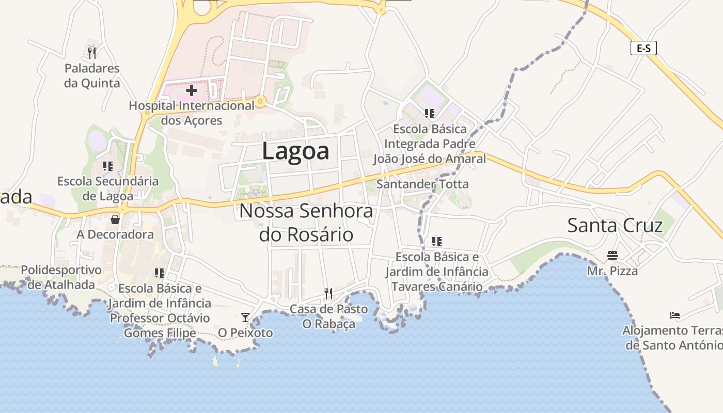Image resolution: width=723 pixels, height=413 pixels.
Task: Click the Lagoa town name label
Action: [295, 151]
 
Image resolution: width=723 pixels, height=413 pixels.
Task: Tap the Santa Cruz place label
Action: [615, 226]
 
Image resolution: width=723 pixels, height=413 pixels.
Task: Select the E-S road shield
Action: [643, 49]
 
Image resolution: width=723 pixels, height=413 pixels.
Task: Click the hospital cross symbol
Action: [192, 91]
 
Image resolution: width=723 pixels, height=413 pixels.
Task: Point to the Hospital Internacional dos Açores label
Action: [192, 113]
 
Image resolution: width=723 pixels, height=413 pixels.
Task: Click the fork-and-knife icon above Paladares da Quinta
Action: [92, 53]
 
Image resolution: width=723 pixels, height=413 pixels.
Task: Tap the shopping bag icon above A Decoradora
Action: [115, 219]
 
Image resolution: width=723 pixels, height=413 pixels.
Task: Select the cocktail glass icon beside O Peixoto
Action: [245, 317]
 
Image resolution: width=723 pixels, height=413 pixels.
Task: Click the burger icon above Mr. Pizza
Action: [612, 256]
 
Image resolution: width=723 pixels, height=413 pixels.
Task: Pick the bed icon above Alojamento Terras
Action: [674, 315]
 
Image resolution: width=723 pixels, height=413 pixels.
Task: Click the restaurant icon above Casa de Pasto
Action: [328, 294]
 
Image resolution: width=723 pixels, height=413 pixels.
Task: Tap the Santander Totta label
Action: [422, 184]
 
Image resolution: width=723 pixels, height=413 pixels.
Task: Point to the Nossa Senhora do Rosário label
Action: [306, 223]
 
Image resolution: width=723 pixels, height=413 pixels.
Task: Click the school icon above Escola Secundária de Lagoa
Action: [108, 166]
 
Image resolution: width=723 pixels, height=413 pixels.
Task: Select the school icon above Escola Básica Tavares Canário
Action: [437, 241]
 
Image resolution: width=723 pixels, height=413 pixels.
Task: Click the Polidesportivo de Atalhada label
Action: [61, 277]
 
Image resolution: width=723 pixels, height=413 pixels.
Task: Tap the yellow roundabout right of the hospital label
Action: [261, 101]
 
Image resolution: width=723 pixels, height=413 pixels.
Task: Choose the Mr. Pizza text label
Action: [612, 271]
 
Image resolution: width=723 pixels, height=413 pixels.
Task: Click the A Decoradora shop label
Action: [115, 234]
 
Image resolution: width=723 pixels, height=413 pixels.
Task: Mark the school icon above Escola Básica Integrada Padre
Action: [429, 113]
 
